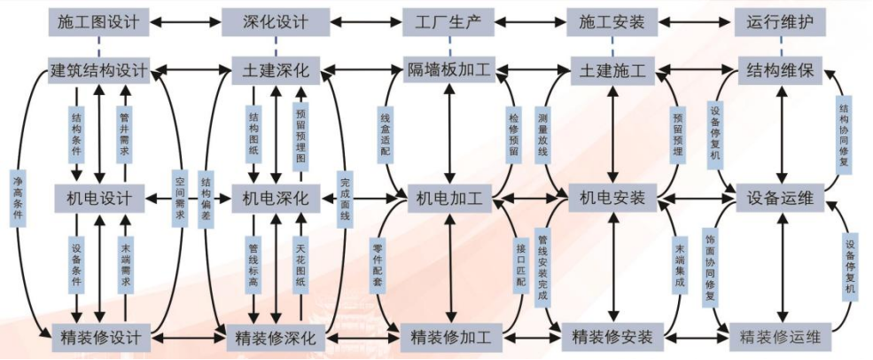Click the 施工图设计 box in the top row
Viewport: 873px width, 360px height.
point(97,20)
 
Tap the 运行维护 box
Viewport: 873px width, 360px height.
point(780,20)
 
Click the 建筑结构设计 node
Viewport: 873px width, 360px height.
point(97,69)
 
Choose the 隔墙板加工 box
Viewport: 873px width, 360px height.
point(450,69)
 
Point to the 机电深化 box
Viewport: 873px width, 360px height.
point(276,197)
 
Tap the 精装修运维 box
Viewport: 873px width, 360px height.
point(781,337)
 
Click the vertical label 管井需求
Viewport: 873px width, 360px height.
point(125,133)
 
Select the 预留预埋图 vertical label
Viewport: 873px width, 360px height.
point(300,133)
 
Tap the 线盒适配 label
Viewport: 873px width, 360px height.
point(385,133)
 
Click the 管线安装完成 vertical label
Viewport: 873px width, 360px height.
point(542,266)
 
